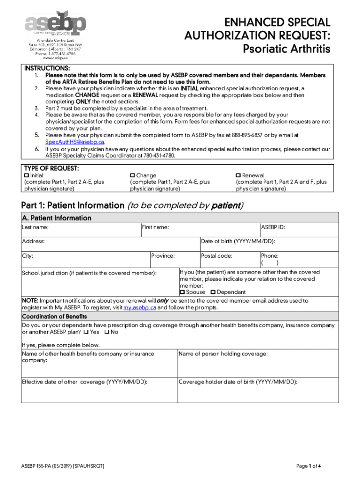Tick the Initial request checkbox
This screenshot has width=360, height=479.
pyautogui.click(x=26, y=175)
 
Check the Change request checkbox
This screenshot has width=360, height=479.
pyautogui.click(x=132, y=175)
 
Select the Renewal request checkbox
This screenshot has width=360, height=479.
pyautogui.click(x=238, y=175)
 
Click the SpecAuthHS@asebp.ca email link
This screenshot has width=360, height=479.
pyautogui.click(x=75, y=142)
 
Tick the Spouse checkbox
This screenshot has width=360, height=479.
pyautogui.click(x=183, y=292)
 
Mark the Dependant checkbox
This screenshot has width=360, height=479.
pyautogui.click(x=213, y=292)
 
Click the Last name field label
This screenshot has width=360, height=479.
pyautogui.click(x=36, y=227)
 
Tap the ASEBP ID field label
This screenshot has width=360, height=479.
pyautogui.click(x=273, y=227)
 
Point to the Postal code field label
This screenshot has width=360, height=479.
pyautogui.click(x=216, y=256)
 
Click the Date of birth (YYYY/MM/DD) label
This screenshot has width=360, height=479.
pyautogui.click(x=238, y=241)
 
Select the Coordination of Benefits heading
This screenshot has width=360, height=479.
pyautogui.click(x=54, y=317)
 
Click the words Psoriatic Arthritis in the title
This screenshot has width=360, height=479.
pyautogui.click(x=287, y=49)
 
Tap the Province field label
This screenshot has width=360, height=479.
pyautogui.click(x=163, y=256)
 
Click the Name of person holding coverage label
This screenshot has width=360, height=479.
pyautogui.click(x=223, y=354)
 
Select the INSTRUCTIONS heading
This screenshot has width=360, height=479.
pyautogui.click(x=47, y=68)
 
